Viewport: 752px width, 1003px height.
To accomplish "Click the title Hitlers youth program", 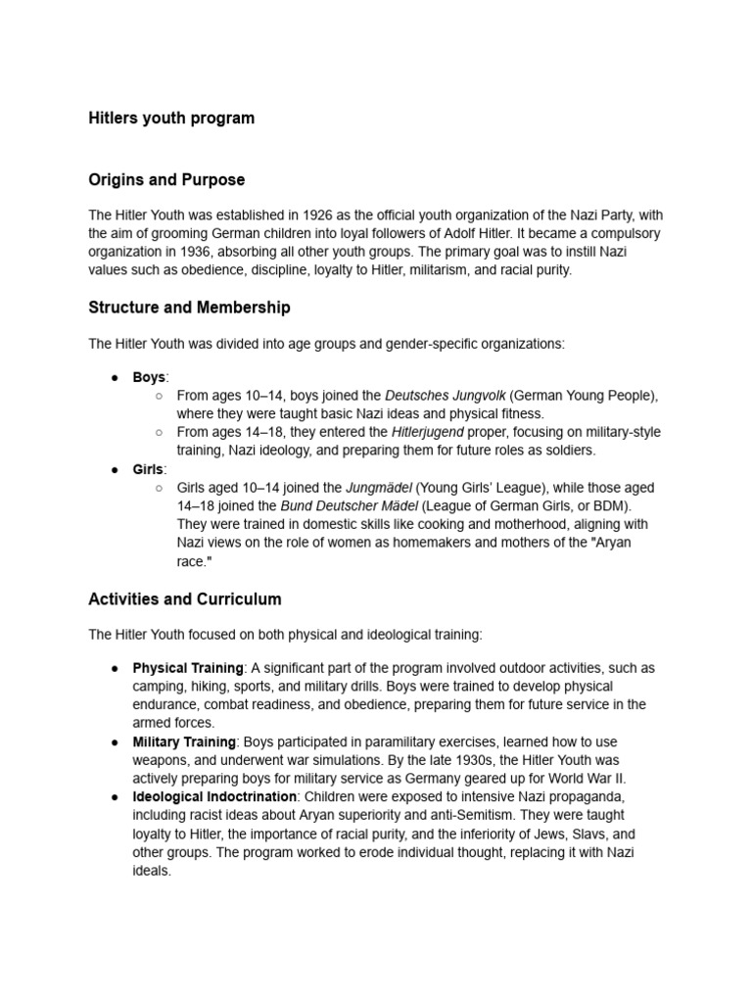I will click(171, 118).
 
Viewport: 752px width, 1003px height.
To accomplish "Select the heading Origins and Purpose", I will click(166, 180).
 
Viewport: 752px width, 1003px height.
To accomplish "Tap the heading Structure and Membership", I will click(189, 308).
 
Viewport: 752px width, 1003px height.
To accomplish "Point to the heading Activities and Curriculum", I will click(185, 598).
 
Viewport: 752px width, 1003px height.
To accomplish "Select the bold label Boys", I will click(149, 376).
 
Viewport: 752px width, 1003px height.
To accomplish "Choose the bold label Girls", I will click(149, 469).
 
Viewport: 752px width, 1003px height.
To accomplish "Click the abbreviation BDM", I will click(608, 506).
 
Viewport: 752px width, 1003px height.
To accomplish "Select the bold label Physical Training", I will click(188, 667).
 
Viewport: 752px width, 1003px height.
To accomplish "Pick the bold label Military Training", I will click(184, 741).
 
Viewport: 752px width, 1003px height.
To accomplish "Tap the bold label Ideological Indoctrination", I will click(214, 796).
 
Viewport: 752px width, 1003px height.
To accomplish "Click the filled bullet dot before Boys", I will click(115, 377).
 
